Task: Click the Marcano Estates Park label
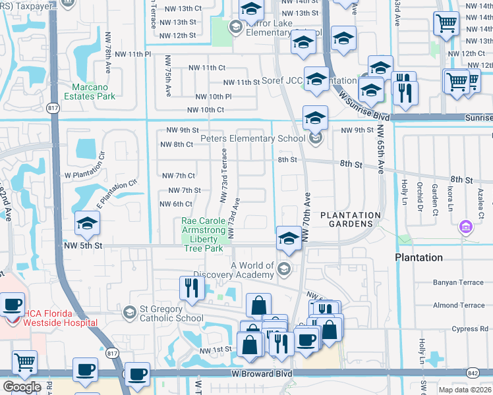point(94,91)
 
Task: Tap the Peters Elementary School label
point(252,139)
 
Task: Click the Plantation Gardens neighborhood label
point(351,220)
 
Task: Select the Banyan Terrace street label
point(458,282)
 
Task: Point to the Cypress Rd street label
point(469,329)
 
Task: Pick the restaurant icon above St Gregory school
point(191,288)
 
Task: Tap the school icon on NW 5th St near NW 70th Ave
point(288,238)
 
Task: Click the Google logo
point(21,386)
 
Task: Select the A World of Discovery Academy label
point(252,270)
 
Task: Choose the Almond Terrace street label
point(458,305)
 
